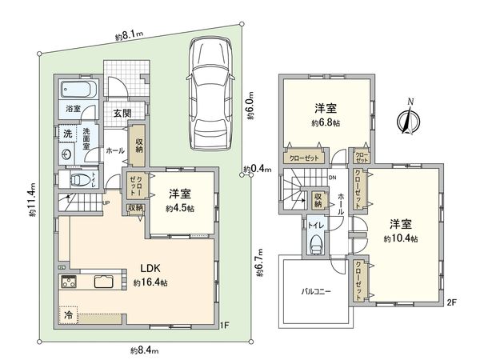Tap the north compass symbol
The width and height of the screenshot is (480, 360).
[409, 121]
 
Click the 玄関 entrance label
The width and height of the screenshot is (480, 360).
[122, 112]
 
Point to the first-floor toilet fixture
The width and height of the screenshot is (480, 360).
[78, 180]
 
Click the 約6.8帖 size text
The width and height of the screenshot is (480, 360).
[324, 125]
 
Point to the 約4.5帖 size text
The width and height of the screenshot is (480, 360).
[181, 208]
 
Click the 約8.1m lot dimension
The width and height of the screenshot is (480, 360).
[128, 34]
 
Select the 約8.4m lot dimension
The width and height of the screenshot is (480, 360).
[146, 350]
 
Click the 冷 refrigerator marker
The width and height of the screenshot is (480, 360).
[69, 315]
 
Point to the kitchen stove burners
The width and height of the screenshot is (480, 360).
[67, 282]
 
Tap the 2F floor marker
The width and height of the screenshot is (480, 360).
[452, 303]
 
